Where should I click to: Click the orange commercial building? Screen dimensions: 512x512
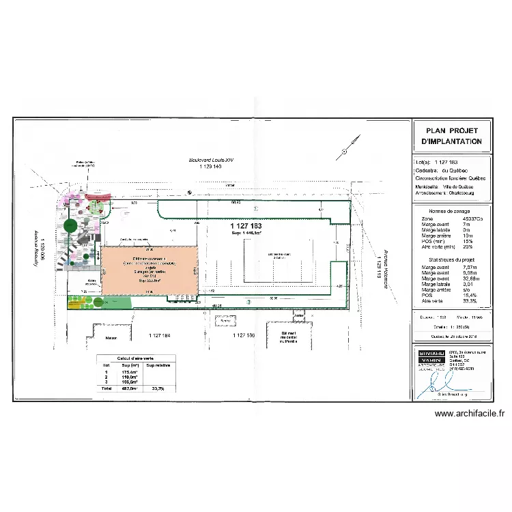point(150,271)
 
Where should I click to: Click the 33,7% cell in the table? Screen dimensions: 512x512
point(158,388)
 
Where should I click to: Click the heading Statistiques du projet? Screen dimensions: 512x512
point(452,261)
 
